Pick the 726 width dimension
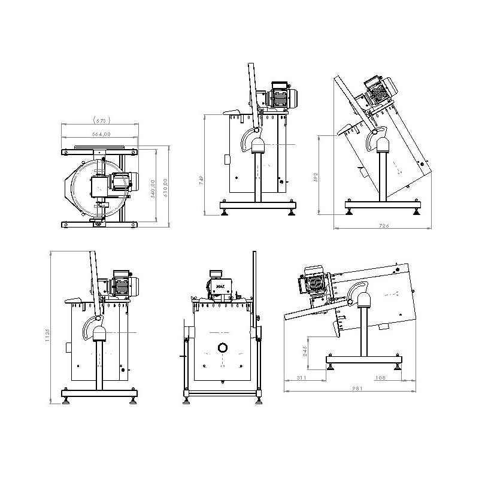384,226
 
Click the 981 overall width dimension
358,387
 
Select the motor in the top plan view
122,183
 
